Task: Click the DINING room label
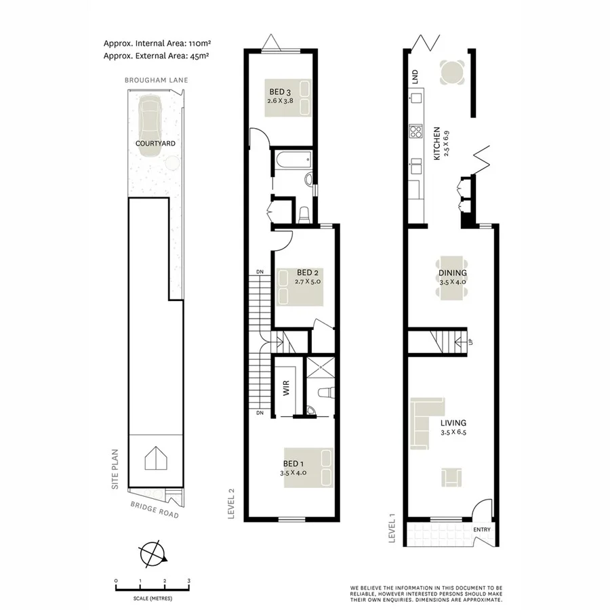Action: [x=452, y=274]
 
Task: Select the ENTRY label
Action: [x=482, y=530]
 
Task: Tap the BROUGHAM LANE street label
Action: [x=155, y=80]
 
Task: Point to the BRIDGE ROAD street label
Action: [x=155, y=510]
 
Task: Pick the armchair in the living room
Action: [x=451, y=476]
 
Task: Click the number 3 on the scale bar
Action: [x=188, y=581]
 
